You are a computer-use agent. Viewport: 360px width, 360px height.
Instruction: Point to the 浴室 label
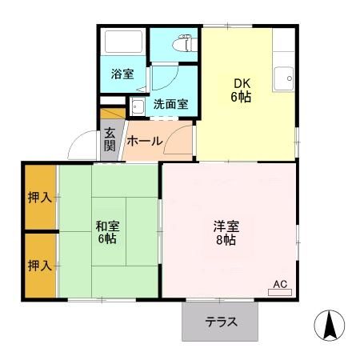point(122,74)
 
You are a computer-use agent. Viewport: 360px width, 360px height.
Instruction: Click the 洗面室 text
point(170,104)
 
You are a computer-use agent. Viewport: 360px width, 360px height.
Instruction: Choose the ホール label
point(145,142)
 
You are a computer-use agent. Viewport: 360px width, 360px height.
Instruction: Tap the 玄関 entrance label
point(110,141)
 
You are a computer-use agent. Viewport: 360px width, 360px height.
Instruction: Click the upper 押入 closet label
point(39,197)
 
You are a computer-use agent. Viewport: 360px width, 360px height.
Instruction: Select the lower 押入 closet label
point(39,265)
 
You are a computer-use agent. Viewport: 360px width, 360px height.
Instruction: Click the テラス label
point(221,323)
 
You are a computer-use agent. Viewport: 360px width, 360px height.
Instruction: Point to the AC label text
point(280,284)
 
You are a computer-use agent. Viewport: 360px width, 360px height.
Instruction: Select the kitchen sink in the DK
point(283,79)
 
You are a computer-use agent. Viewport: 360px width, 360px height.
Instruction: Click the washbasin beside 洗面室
point(137,105)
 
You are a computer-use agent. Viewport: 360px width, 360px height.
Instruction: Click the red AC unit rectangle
point(280,294)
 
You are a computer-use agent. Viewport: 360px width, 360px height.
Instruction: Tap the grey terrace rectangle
point(221,322)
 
